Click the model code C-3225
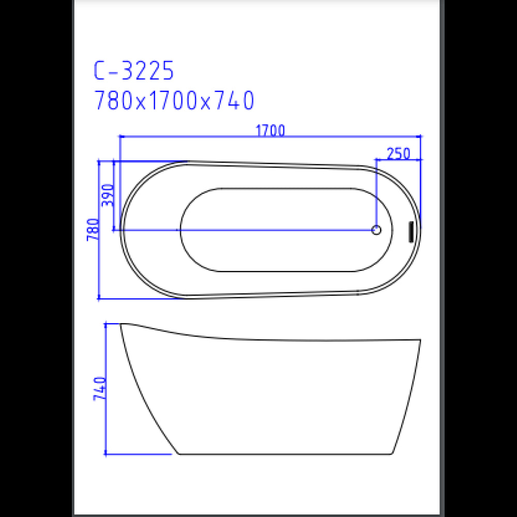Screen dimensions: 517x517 click(x=133, y=71)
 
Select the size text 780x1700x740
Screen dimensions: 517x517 click(x=174, y=101)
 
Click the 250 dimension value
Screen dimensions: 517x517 click(x=398, y=154)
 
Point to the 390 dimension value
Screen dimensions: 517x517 click(x=108, y=195)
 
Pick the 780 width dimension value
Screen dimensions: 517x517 click(x=93, y=230)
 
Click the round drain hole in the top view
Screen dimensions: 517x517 click(x=377, y=230)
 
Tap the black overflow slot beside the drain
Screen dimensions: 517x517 click(x=411, y=231)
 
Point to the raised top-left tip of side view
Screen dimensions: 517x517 click(x=121, y=325)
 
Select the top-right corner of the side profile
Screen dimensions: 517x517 click(x=420, y=340)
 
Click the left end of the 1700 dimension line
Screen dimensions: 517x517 click(x=120, y=136)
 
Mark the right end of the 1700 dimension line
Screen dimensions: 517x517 click(x=421, y=136)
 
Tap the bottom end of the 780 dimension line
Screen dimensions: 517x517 click(x=99, y=298)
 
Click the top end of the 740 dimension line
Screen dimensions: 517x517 click(x=106, y=324)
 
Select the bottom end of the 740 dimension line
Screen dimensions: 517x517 click(x=106, y=454)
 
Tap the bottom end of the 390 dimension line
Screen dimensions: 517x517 click(x=114, y=230)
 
